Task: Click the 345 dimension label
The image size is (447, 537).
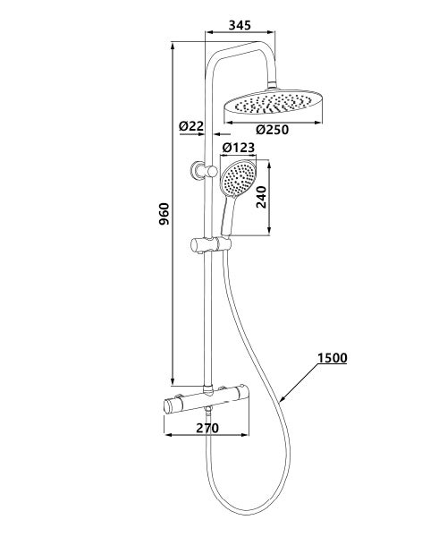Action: click(240, 25)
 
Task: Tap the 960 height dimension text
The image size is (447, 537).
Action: click(164, 214)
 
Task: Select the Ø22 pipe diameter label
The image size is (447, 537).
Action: click(190, 126)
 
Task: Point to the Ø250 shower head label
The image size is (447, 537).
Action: click(273, 130)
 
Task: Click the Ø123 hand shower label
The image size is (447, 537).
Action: click(239, 148)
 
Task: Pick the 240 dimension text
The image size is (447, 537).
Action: click(262, 197)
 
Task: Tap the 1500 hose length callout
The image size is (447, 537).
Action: click(333, 358)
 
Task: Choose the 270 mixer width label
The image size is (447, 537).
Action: click(207, 428)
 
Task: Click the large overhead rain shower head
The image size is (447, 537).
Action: click(273, 104)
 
